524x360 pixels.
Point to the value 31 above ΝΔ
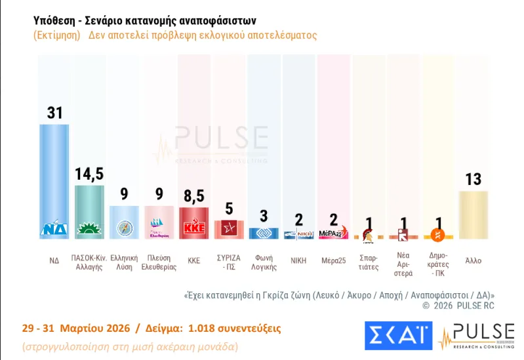pyautogui.click(x=54, y=113)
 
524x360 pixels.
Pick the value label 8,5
pyautogui.click(x=194, y=196)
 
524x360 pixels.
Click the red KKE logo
pyautogui.click(x=194, y=229)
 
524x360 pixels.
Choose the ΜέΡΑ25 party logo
pyautogui.click(x=333, y=233)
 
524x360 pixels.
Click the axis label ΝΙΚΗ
pyautogui.click(x=298, y=260)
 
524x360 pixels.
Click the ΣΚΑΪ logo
pyautogui.click(x=398, y=335)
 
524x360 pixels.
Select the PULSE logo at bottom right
pyautogui.click(x=476, y=335)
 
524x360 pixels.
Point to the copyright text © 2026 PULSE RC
pyautogui.click(x=458, y=306)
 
